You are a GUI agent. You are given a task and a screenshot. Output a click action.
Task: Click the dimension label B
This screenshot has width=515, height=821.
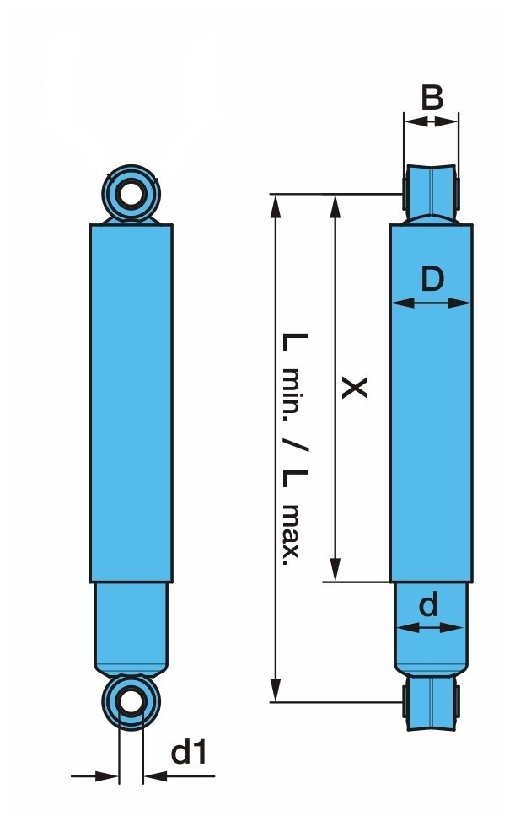pos(432,98)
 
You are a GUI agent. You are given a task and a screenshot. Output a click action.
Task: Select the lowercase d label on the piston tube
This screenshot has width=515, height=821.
pos(428,606)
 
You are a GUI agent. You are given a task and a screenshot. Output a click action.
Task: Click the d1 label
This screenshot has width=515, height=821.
pos(189,753)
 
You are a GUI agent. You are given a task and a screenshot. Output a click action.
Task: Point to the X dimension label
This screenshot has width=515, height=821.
pos(354,387)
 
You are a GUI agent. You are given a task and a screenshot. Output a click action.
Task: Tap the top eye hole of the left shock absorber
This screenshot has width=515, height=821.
pos(131,194)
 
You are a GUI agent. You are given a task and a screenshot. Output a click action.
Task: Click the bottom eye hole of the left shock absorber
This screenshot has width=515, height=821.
pos(131,702)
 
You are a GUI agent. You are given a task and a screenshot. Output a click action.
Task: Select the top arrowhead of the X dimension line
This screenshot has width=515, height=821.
pos(335,206)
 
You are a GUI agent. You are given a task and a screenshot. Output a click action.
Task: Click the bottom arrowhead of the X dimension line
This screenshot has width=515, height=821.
pos(335,570)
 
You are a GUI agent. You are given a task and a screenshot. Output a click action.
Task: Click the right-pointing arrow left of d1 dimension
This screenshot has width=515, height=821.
pos(94,776)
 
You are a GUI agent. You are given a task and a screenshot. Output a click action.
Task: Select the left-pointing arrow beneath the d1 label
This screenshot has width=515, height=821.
pos(179,776)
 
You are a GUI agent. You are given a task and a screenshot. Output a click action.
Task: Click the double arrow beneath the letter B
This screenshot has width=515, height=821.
pos(432,121)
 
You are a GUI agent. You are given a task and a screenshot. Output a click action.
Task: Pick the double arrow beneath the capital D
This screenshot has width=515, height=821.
pos(432,303)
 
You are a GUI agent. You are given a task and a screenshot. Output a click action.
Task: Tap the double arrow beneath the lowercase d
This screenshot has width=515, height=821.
pos(430,627)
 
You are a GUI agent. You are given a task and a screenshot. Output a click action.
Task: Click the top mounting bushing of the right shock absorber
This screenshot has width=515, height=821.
pos(432,193)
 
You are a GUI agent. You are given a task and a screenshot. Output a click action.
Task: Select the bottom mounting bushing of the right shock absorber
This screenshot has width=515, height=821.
pos(432,702)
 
